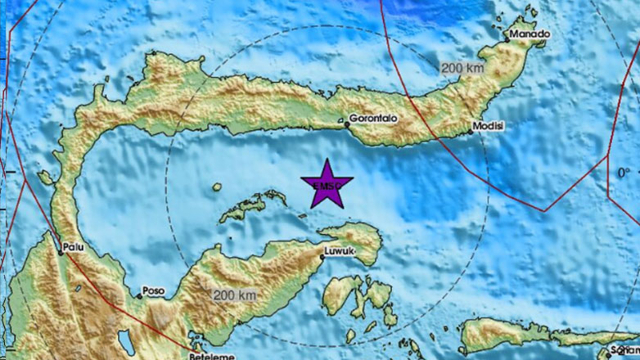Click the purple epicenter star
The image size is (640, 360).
tap(327, 185)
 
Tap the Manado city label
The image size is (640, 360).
tap(529, 34)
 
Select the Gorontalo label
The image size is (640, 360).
tap(372, 118)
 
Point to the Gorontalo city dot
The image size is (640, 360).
tap(345, 125)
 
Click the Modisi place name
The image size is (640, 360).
tap(489, 127)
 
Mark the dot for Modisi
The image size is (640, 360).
tap(471, 129)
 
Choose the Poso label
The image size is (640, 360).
tap(153, 290)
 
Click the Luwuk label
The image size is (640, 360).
tap(339, 251)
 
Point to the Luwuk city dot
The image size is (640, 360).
tap(322, 258)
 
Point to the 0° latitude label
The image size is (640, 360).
tap(624, 172)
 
